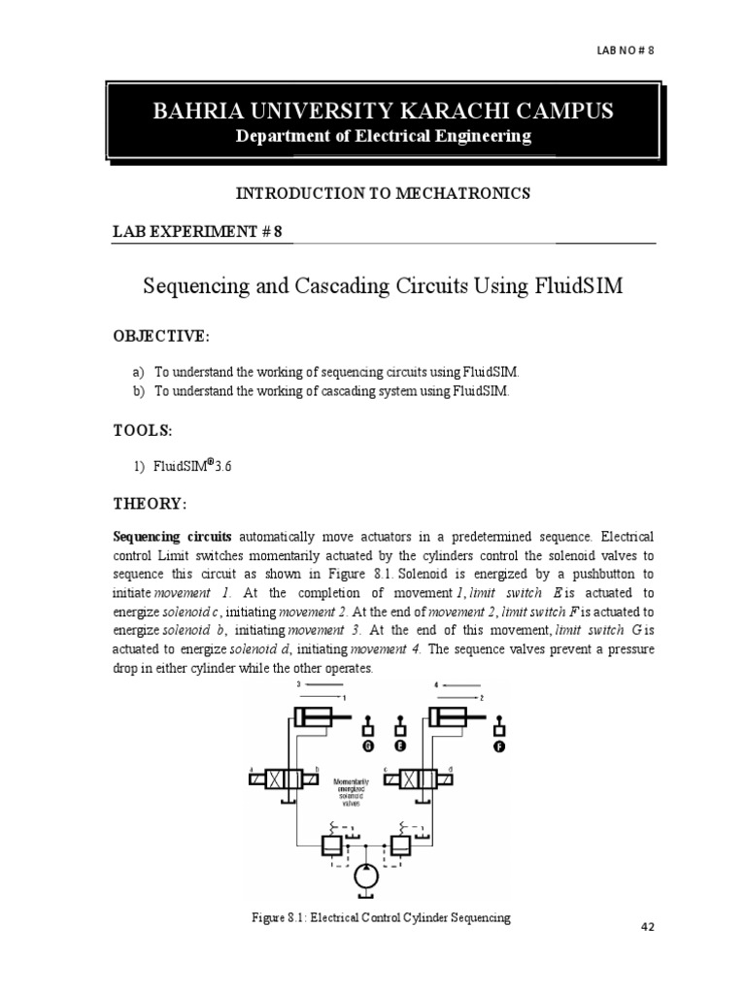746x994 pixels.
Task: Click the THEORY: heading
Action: (x=149, y=505)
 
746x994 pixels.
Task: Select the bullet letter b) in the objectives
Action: (x=140, y=391)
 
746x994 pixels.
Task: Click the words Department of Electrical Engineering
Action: (x=384, y=136)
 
